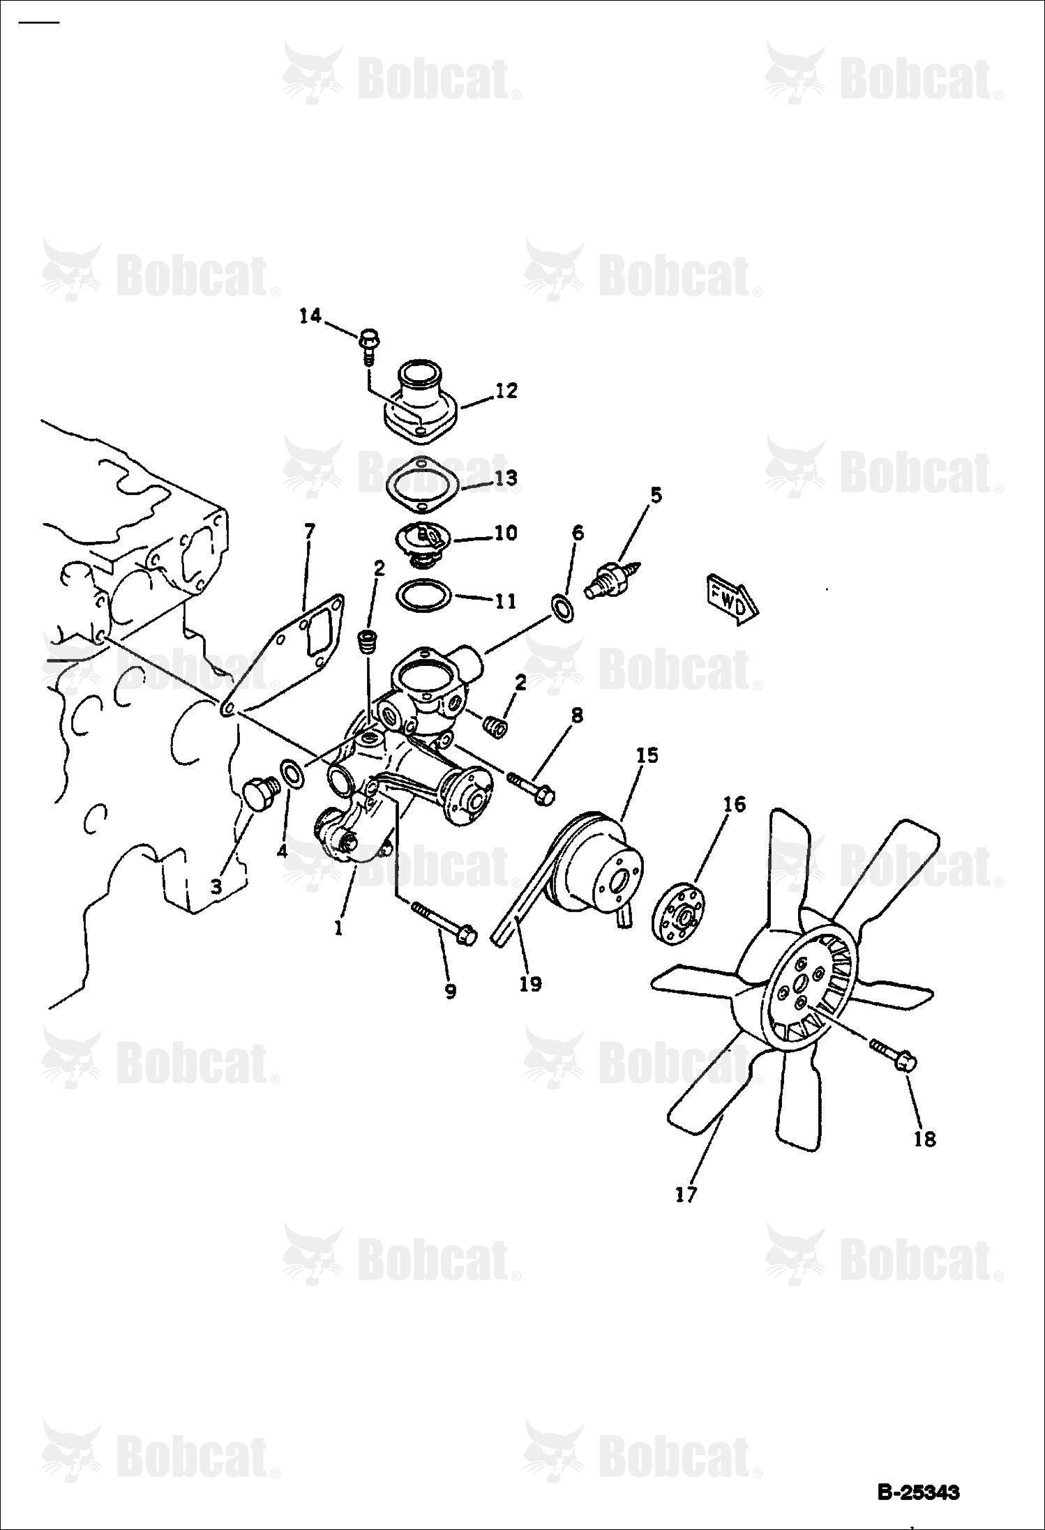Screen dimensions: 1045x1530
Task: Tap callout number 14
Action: coord(310,316)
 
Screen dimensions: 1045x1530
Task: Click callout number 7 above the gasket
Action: coord(309,532)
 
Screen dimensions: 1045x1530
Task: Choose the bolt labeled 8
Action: coord(532,787)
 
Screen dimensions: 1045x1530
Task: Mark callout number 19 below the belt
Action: coord(530,983)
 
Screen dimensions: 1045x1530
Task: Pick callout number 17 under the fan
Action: coord(686,1195)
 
